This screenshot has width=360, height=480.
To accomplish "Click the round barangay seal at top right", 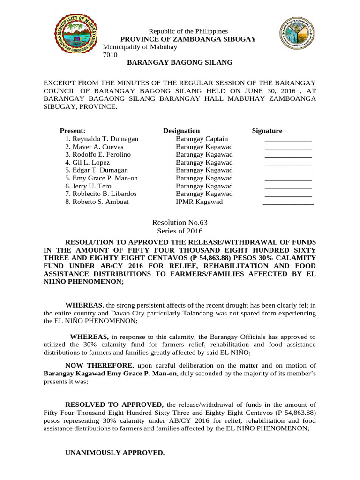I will [x=299, y=33].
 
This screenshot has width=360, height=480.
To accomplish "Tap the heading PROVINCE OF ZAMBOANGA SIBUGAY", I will [x=188, y=39].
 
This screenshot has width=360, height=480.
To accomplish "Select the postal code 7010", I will [x=110, y=55].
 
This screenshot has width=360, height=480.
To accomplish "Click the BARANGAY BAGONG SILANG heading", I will [x=180, y=62].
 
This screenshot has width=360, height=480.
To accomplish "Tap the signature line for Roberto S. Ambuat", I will [x=288, y=203].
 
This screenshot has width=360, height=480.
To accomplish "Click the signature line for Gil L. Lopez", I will [x=288, y=164].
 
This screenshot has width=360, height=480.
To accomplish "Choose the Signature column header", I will [x=267, y=131].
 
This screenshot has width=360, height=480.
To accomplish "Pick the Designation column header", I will [x=181, y=131].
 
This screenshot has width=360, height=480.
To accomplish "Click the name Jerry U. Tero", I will [x=88, y=186].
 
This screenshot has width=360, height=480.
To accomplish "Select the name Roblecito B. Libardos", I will [x=101, y=194].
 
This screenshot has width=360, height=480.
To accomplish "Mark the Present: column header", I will [x=73, y=131].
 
